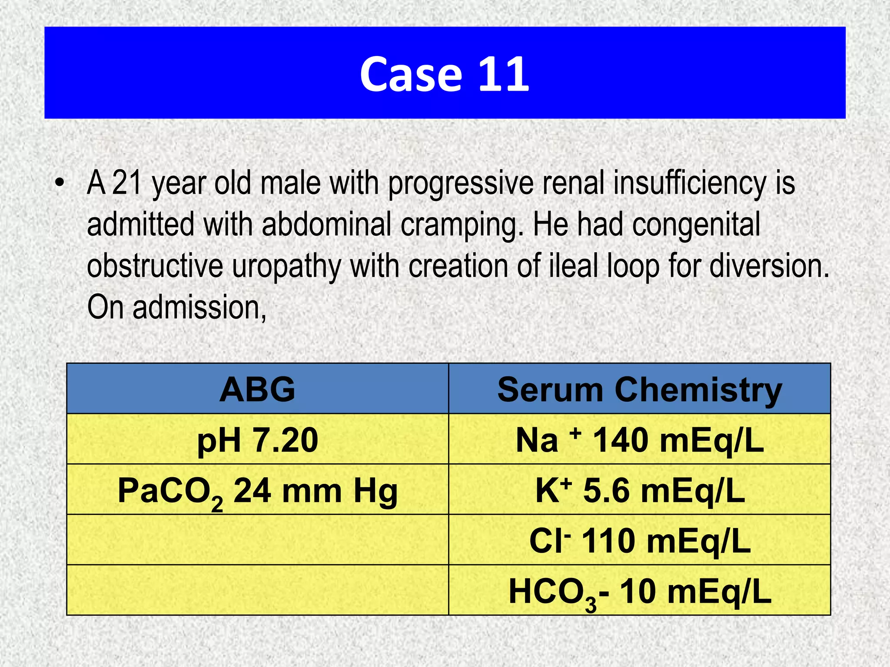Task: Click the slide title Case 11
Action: click(x=444, y=74)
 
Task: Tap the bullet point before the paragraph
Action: click(x=60, y=182)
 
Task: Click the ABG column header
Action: click(x=257, y=389)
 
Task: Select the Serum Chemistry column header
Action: click(x=639, y=389)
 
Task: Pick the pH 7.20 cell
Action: click(x=257, y=439)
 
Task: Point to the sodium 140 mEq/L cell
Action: click(x=639, y=439)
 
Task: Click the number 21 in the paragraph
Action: click(x=127, y=183)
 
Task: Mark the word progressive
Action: click(x=461, y=184)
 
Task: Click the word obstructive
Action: click(x=155, y=265)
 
